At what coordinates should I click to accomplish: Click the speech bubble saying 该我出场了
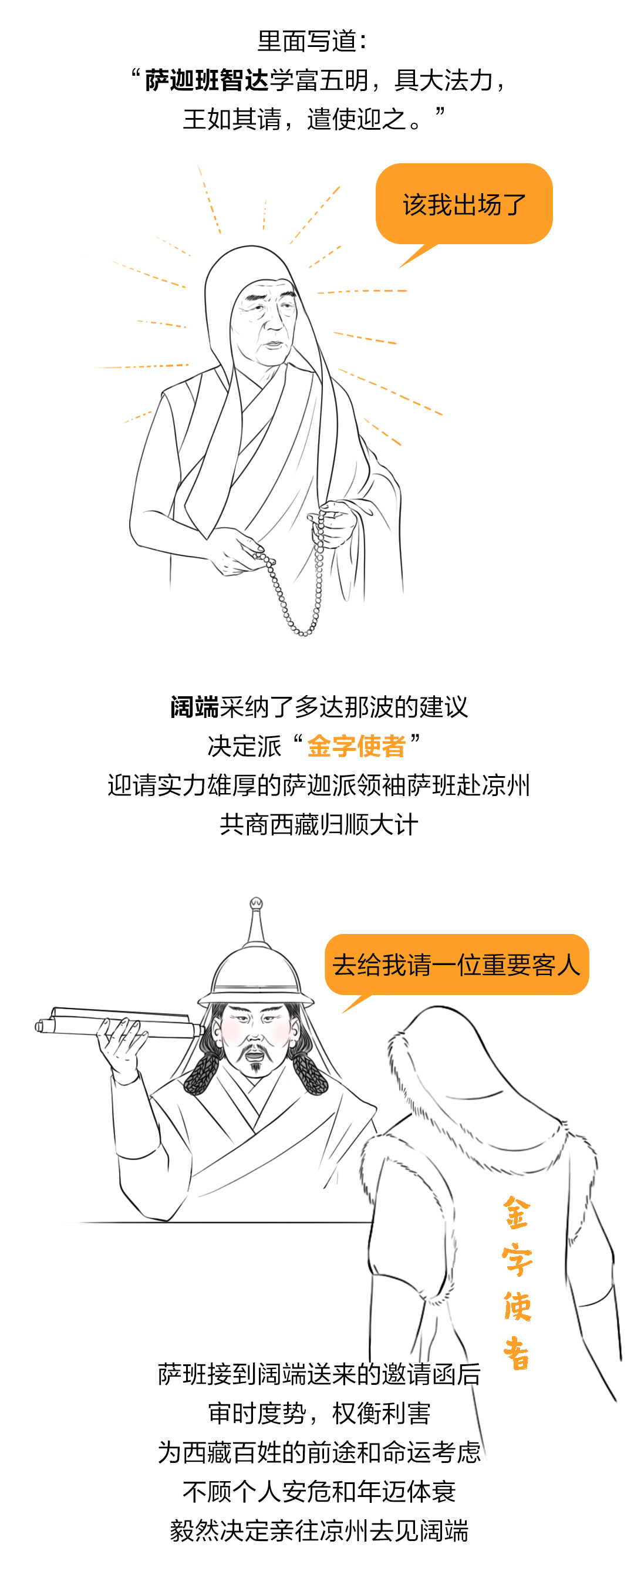pyautogui.click(x=464, y=204)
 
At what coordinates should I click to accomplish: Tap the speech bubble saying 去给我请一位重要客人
pyautogui.click(x=456, y=965)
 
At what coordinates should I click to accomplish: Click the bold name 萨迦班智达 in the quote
pyautogui.click(x=207, y=80)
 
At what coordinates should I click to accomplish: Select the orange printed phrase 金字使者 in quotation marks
pyautogui.click(x=356, y=746)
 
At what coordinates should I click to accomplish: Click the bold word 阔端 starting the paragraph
pyautogui.click(x=195, y=707)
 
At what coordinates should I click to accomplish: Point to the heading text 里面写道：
pyautogui.click(x=312, y=41)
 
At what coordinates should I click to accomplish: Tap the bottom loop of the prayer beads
pyautogui.click(x=302, y=632)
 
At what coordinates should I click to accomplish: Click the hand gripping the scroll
pyautogui.click(x=123, y=1041)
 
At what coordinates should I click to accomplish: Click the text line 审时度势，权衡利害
pyautogui.click(x=319, y=1413)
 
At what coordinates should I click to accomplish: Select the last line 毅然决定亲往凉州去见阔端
pyautogui.click(x=319, y=1530)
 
